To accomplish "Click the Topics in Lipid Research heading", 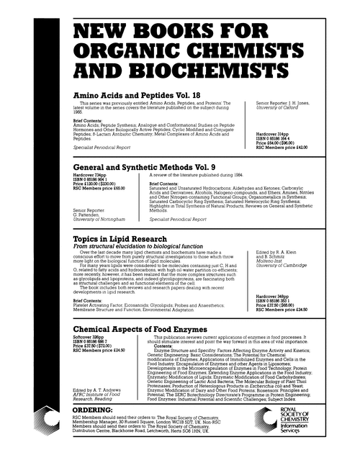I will [x=118, y=238].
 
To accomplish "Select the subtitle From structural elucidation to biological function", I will [x=132, y=246].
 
